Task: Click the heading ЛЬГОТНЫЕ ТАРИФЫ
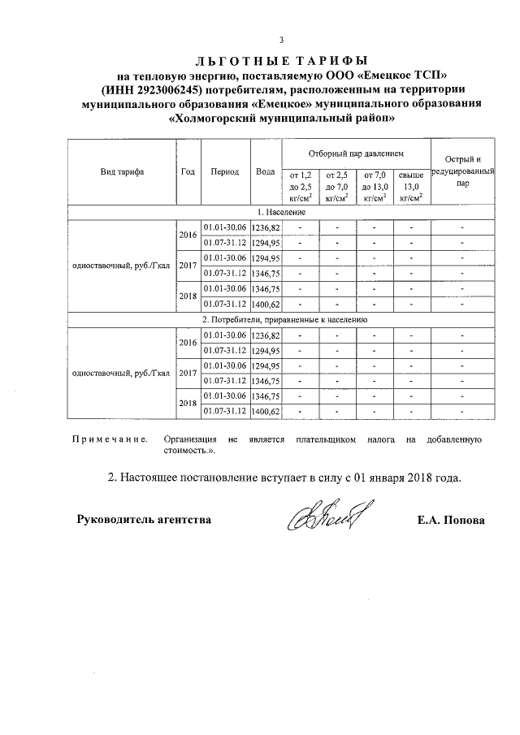pos(281,60)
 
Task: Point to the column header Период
pos(224,172)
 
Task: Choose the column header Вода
pos(265,172)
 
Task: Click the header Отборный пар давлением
pos(356,153)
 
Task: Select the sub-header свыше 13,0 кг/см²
pos(412,186)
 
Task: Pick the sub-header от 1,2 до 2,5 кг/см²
pos(301,186)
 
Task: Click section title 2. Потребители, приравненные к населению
pos(281,320)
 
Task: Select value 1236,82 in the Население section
pos(266,227)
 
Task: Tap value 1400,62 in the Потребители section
pos(266,412)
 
